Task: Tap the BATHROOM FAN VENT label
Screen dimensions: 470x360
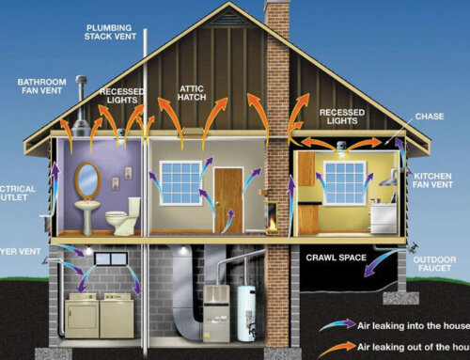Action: (x=41, y=87)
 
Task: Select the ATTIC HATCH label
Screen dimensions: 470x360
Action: (x=194, y=92)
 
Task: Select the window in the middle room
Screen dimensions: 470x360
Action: (x=180, y=182)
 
